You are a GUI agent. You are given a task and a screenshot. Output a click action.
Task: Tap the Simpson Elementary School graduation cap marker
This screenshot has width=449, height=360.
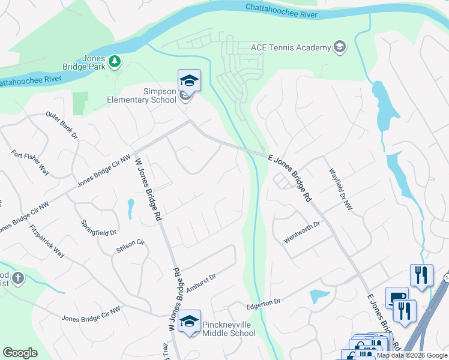(189, 80)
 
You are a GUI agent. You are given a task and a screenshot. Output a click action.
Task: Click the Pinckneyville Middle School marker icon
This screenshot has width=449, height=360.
(189, 321)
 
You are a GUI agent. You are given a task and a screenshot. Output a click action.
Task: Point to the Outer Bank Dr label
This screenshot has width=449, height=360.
(62, 125)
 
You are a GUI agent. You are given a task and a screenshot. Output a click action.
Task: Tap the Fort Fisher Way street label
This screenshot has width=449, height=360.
(29, 163)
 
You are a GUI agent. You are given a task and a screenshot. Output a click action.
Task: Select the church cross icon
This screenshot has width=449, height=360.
(18, 278)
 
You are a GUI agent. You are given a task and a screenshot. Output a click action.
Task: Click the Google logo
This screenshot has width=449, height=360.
(20, 353)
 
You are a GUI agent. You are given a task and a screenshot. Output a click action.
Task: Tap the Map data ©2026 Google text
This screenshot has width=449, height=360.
(411, 355)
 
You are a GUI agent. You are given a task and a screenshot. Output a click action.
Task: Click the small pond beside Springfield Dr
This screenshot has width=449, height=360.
(130, 208)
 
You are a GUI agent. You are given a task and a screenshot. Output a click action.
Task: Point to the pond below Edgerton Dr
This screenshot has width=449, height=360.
(319, 296)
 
